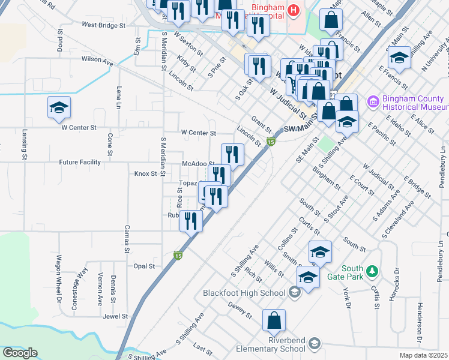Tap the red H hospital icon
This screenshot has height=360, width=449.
pyautogui.click(x=294, y=10)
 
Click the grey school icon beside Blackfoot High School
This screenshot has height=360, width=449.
pyautogui.click(x=294, y=292)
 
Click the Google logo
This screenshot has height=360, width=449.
pyautogui.click(x=20, y=353)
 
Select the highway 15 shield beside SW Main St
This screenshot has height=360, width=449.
pyautogui.click(x=271, y=142)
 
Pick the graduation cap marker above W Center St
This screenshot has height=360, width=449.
pyautogui.click(x=59, y=108)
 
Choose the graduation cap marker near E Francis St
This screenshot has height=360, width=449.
pyautogui.click(x=398, y=58)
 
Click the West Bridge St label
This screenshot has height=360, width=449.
pyautogui.click(x=104, y=26)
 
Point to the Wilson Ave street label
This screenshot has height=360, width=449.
pyautogui.click(x=97, y=60)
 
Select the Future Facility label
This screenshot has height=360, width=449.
pyautogui.click(x=80, y=162)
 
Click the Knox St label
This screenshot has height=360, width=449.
pyautogui.click(x=145, y=173)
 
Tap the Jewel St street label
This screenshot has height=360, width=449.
pyautogui.click(x=115, y=316)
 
